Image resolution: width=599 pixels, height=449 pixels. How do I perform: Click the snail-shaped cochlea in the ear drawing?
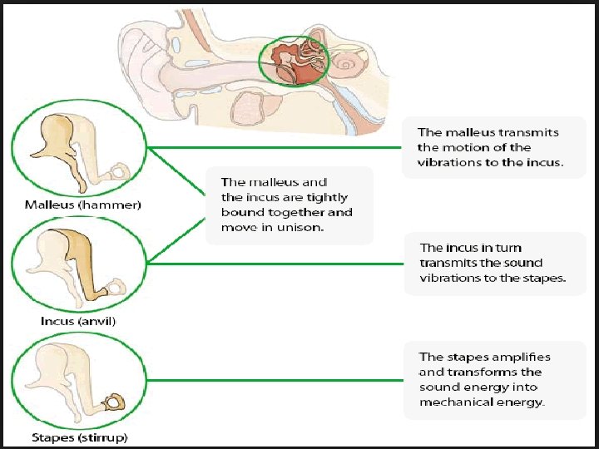tap(344, 62)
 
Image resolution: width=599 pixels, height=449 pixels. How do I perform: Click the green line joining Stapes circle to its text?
tap(266, 381)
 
